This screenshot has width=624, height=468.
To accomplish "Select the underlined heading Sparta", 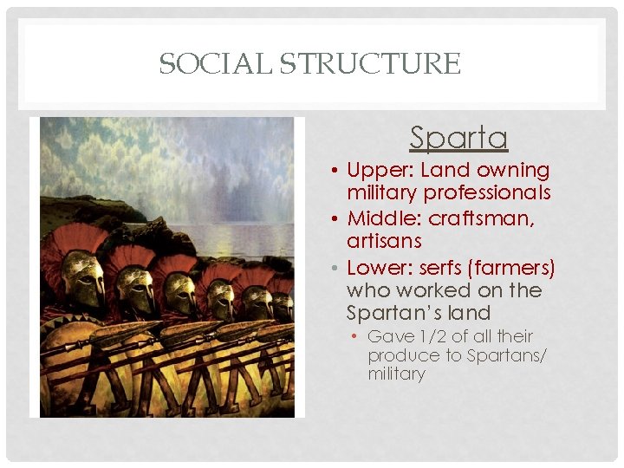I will point(458,138).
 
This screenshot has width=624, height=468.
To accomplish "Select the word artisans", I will point(384,240).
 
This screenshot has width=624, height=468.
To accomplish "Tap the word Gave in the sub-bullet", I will point(386,336).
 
